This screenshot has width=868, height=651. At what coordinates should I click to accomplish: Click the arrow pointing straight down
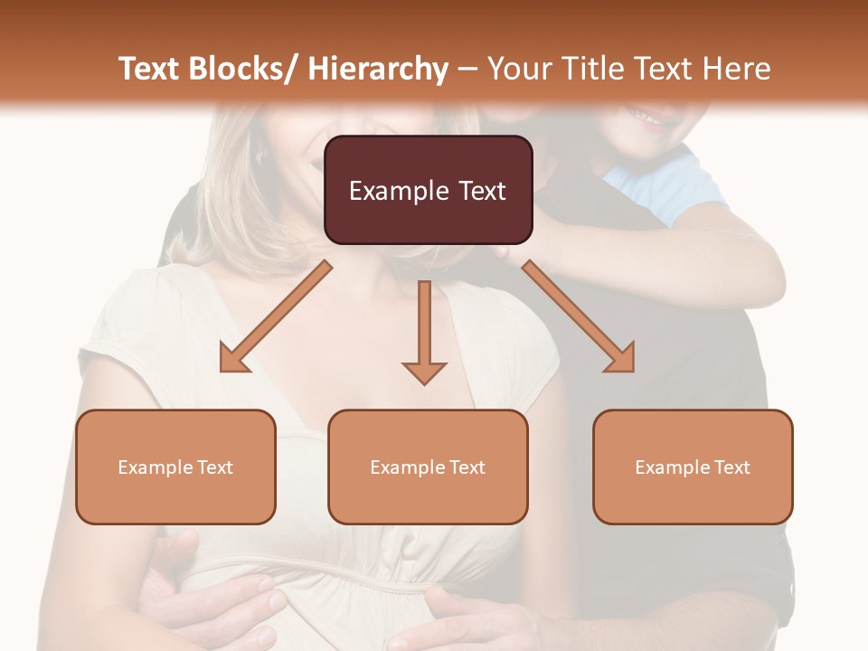pyautogui.click(x=424, y=330)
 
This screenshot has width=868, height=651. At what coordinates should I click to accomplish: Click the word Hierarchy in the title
pyautogui.click(x=378, y=69)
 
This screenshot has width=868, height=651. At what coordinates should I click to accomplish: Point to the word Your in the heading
pyautogui.click(x=516, y=69)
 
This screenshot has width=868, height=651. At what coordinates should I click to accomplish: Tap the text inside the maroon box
pyautogui.click(x=428, y=191)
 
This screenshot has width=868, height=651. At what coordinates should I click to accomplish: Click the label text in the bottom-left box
pyautogui.click(x=175, y=467)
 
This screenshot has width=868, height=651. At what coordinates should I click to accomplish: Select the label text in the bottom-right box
pyautogui.click(x=693, y=467)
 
